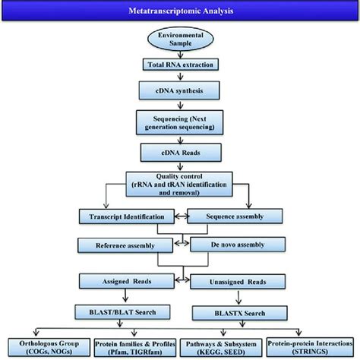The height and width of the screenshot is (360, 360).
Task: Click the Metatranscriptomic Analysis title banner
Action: pos(180,11)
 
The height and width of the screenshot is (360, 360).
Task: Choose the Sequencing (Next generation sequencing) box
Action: pos(180,122)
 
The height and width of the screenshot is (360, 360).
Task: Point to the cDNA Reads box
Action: pos(180,152)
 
